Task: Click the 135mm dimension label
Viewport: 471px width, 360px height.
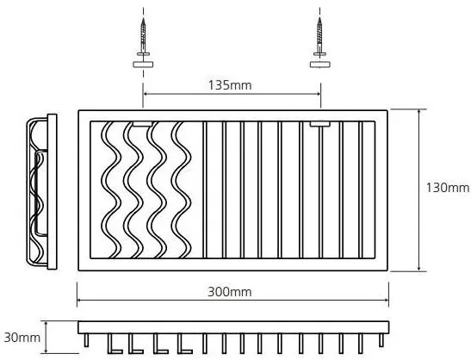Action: click(x=230, y=85)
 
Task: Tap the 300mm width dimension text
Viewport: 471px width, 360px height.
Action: click(x=230, y=292)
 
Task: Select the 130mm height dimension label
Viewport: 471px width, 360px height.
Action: click(x=448, y=188)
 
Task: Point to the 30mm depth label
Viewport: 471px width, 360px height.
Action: click(x=22, y=338)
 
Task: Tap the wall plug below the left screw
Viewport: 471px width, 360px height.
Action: click(x=143, y=64)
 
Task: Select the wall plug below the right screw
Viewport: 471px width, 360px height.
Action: click(x=320, y=64)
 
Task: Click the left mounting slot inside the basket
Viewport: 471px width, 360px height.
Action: click(x=143, y=123)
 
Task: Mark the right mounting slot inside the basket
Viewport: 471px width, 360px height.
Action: click(x=320, y=123)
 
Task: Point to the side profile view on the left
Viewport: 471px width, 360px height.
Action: click(x=41, y=191)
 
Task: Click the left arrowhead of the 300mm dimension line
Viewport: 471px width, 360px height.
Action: click(x=79, y=300)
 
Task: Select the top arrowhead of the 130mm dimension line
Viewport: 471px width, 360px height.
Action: click(x=419, y=112)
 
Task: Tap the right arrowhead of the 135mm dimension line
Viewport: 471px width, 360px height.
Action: click(x=318, y=94)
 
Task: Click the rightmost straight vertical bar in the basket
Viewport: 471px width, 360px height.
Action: click(x=361, y=189)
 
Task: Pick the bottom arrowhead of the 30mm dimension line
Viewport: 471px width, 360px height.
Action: click(x=46, y=350)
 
